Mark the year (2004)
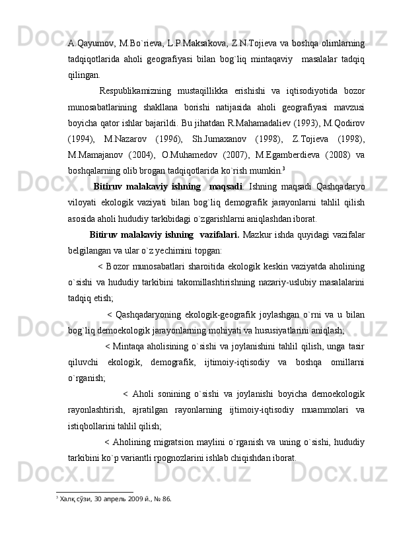click(154, 153)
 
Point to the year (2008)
click(342, 153)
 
